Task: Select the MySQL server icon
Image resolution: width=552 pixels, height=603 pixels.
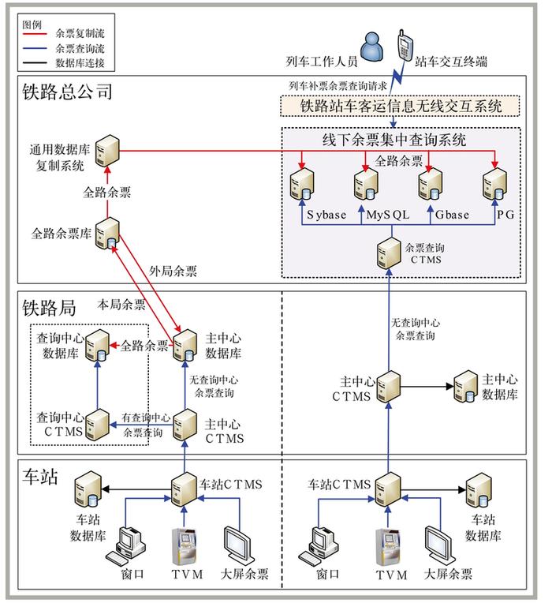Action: (364, 184)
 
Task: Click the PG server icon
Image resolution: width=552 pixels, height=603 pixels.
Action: (494, 184)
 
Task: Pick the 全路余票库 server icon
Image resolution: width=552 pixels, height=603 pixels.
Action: (106, 234)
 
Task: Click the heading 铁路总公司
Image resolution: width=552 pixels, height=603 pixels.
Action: (69, 92)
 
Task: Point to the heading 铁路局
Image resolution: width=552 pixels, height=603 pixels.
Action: (49, 306)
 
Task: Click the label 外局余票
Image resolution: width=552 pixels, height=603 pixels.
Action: (173, 271)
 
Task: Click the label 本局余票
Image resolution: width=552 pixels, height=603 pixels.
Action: (121, 304)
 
